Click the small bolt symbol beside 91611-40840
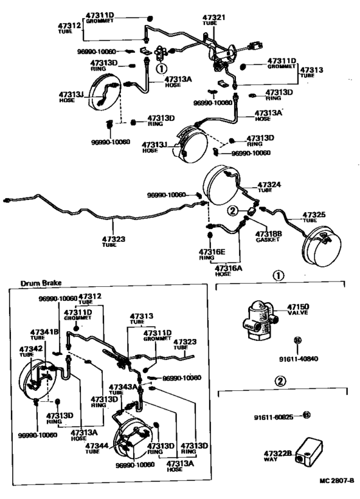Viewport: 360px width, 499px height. (x=298, y=340)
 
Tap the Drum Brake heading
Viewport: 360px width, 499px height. (x=40, y=284)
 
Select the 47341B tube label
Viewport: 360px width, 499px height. (x=45, y=332)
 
